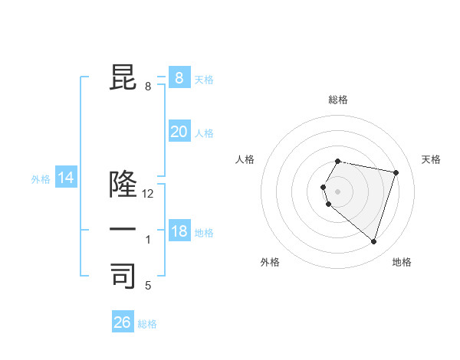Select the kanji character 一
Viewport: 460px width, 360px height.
pos(123,229)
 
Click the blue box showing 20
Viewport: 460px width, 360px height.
pos(179,132)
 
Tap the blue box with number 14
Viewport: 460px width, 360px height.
pos(66,178)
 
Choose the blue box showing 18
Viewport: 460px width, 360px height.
pos(179,231)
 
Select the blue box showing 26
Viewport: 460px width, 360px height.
pos(123,322)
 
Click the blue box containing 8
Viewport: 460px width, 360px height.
pos(179,78)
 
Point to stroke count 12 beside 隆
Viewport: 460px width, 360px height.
pos(148,194)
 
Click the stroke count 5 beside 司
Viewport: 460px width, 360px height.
pos(148,286)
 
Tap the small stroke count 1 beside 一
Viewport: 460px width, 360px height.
pos(148,240)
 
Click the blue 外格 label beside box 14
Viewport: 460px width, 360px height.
pos(41,179)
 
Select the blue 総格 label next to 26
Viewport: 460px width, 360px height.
pos(147,324)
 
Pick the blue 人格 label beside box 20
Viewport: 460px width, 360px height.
pos(204,133)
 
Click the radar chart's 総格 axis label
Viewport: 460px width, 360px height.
pos(338,100)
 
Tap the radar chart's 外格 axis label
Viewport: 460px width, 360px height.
pos(270,262)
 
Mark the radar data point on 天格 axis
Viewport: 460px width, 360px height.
pos(396,172)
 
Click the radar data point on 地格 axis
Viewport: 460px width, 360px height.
pos(373,241)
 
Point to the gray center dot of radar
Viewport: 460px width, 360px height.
pos(338,191)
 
